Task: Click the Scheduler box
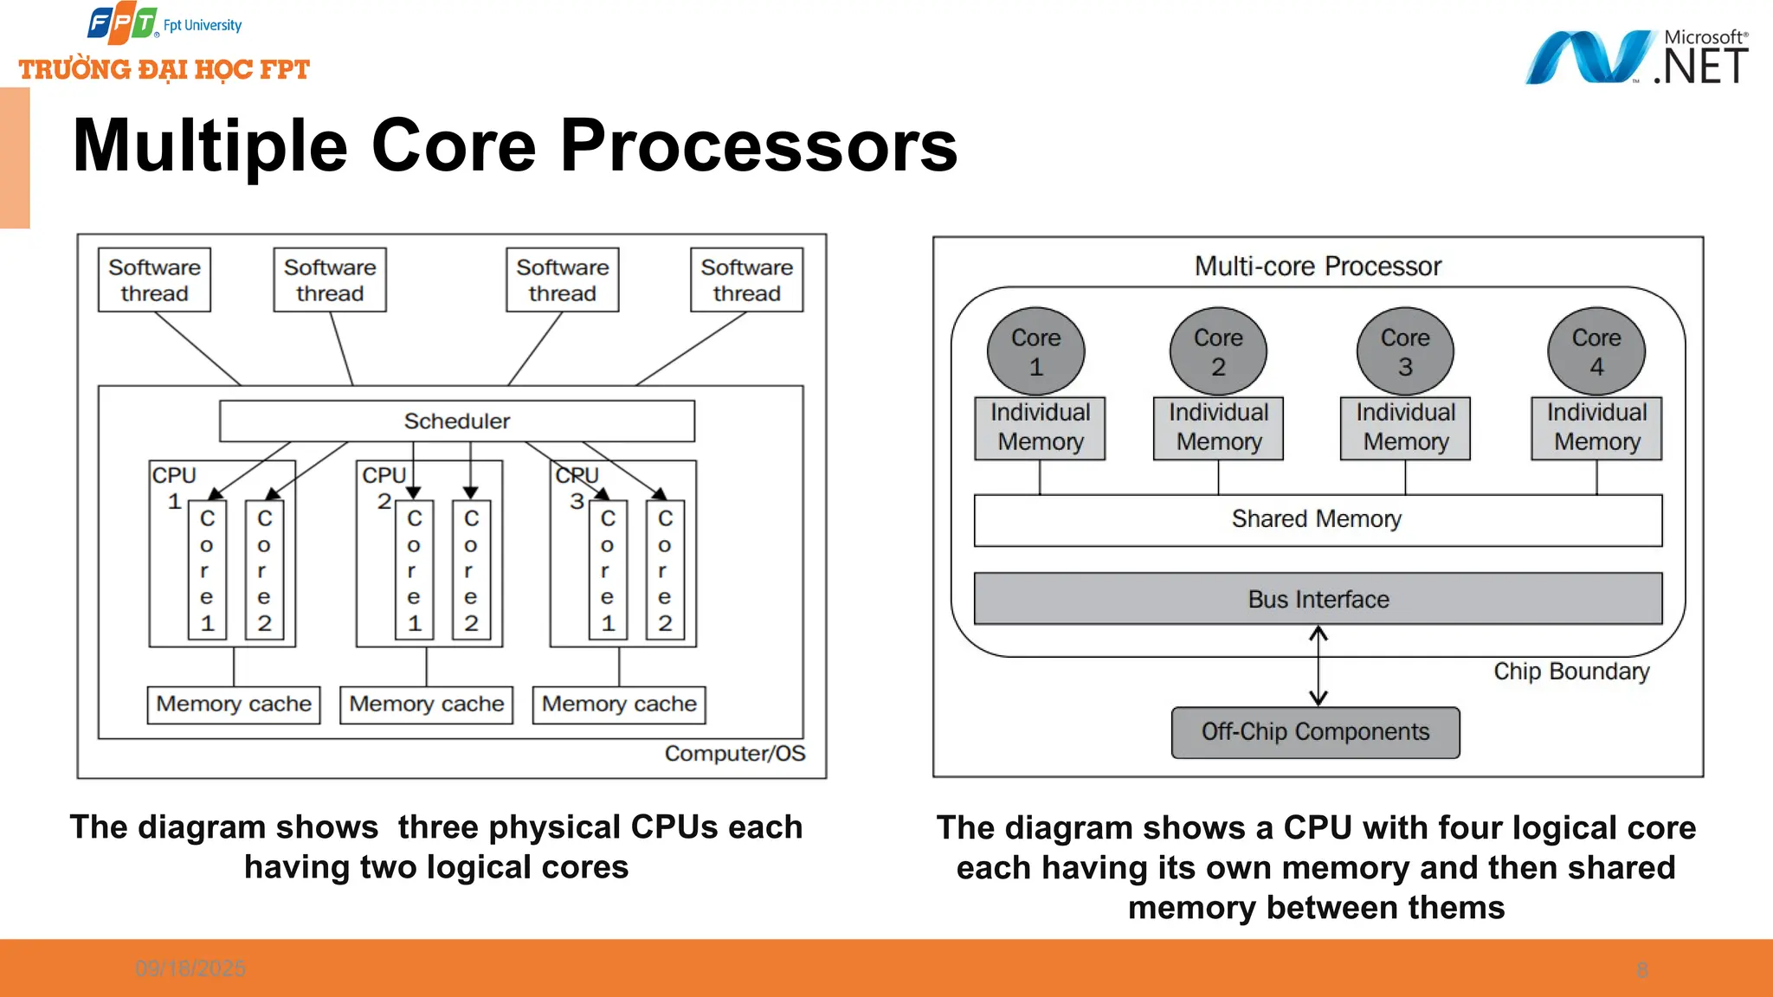pyautogui.click(x=456, y=421)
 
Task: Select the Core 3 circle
pyautogui.click(x=1404, y=351)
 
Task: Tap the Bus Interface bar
pyautogui.click(x=1318, y=599)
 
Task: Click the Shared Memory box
pyautogui.click(x=1318, y=519)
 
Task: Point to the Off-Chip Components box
pyautogui.click(x=1315, y=732)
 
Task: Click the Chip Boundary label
pyautogui.click(x=1570, y=672)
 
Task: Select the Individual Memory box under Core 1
pyautogui.click(x=1040, y=428)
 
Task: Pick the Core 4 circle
pyautogui.click(x=1596, y=351)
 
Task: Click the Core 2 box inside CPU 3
pyautogui.click(x=665, y=570)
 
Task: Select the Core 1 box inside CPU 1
pyautogui.click(x=207, y=570)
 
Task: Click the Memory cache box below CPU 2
pyautogui.click(x=426, y=704)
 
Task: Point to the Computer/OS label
pyautogui.click(x=734, y=754)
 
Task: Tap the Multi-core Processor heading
pyautogui.click(x=1318, y=267)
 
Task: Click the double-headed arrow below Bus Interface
pyautogui.click(x=1318, y=666)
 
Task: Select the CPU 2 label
pyautogui.click(x=382, y=487)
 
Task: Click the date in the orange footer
pyautogui.click(x=190, y=968)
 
